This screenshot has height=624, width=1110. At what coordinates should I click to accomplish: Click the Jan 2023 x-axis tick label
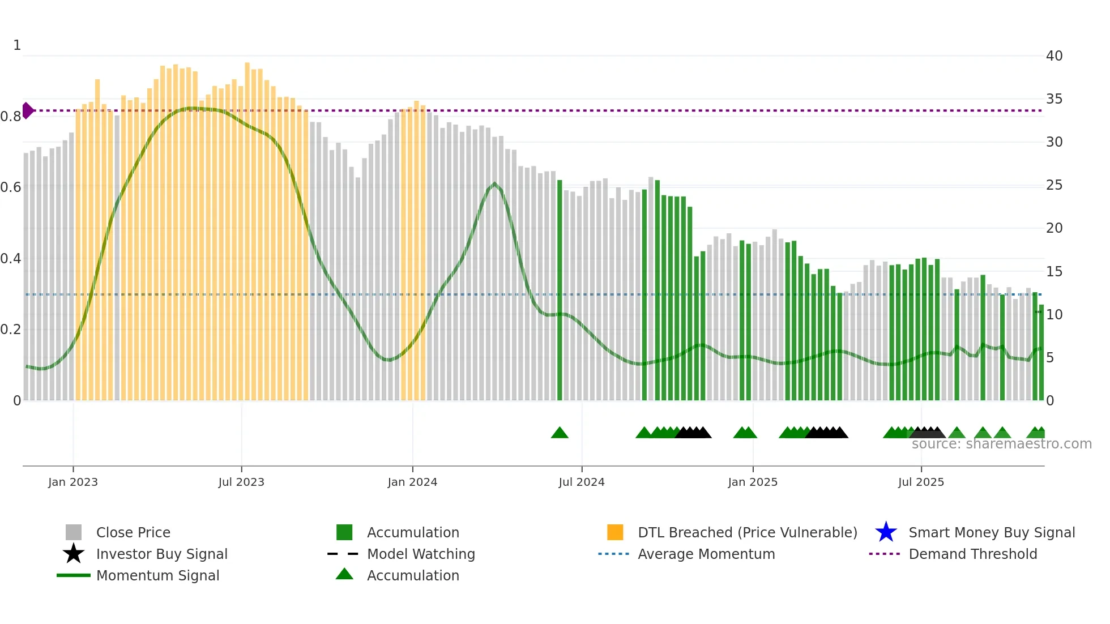click(73, 482)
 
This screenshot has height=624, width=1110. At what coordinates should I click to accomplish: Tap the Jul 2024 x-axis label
click(582, 482)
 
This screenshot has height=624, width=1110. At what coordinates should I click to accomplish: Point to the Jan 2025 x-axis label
click(753, 482)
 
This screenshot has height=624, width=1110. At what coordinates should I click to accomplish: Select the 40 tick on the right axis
click(1054, 56)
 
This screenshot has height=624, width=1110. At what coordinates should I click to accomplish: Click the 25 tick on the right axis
click(1054, 185)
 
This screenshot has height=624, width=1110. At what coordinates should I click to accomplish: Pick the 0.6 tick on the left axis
click(11, 187)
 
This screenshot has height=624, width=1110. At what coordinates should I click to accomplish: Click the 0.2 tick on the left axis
click(11, 330)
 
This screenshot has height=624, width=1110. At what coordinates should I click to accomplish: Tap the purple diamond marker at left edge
click(27, 110)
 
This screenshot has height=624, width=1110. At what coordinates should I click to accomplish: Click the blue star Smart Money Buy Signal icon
click(886, 532)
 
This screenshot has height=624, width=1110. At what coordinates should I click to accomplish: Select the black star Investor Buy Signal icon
click(74, 554)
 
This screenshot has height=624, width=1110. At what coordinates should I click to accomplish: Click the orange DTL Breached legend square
click(615, 532)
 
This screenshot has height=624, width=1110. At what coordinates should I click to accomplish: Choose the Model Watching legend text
click(421, 554)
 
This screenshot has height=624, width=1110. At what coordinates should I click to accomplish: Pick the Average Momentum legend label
click(706, 554)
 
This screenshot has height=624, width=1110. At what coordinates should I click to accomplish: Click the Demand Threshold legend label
click(972, 554)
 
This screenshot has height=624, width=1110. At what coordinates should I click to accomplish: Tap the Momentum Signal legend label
click(157, 575)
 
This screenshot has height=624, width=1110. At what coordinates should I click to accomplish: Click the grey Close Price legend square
click(74, 532)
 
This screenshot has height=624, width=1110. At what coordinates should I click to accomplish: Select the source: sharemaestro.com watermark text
click(1001, 444)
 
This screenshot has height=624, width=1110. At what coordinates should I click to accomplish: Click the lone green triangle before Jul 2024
click(560, 433)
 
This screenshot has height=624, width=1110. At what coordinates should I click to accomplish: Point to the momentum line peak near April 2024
click(494, 184)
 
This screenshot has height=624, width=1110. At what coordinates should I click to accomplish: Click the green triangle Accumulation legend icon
click(344, 575)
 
